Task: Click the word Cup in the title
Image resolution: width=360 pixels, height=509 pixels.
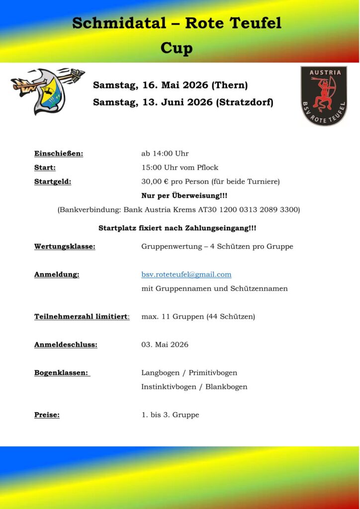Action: (x=177, y=49)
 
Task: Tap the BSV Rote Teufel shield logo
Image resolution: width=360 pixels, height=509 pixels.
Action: (x=324, y=95)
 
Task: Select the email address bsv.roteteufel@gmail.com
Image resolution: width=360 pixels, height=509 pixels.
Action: (x=186, y=274)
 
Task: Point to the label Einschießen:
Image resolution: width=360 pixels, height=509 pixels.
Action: (x=59, y=153)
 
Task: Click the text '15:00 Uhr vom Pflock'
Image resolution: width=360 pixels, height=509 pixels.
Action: (x=180, y=168)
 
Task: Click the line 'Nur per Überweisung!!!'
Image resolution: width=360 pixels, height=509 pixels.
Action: (x=184, y=195)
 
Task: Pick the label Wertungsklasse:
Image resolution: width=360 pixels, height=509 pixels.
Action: (x=65, y=246)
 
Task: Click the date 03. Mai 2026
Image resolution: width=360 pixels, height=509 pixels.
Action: (x=165, y=344)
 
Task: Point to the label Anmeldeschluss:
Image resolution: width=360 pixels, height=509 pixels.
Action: (x=66, y=344)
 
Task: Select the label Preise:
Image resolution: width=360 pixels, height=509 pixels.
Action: (x=47, y=415)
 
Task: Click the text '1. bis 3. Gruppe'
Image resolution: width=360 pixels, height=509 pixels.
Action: (x=170, y=415)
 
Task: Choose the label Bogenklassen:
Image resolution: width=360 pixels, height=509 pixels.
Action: (x=62, y=372)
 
